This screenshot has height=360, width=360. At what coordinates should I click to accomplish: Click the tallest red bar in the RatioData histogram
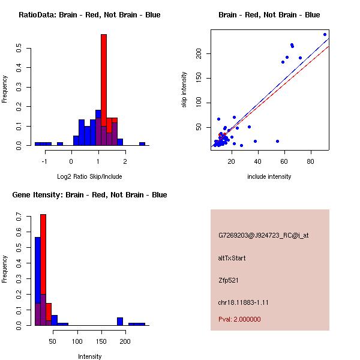point(104,90)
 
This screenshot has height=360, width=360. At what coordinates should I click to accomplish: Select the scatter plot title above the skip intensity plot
point(269,15)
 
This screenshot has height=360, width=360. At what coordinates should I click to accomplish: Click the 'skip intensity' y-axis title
point(185,90)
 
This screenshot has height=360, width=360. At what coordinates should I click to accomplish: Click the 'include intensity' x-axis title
point(269,176)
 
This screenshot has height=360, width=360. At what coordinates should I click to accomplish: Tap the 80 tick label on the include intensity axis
point(311,161)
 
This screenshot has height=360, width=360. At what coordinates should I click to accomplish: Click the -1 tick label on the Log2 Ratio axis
point(44,161)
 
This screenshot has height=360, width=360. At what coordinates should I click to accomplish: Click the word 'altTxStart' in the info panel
point(232,258)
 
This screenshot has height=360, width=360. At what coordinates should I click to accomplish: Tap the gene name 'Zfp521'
point(229,280)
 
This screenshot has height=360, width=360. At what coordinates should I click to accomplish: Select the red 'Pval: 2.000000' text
point(239,319)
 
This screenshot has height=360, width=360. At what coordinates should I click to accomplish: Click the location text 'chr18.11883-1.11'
point(243,302)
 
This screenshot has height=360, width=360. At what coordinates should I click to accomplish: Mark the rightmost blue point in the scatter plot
point(325,34)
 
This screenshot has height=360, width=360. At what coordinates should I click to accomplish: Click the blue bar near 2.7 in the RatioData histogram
point(142,144)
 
